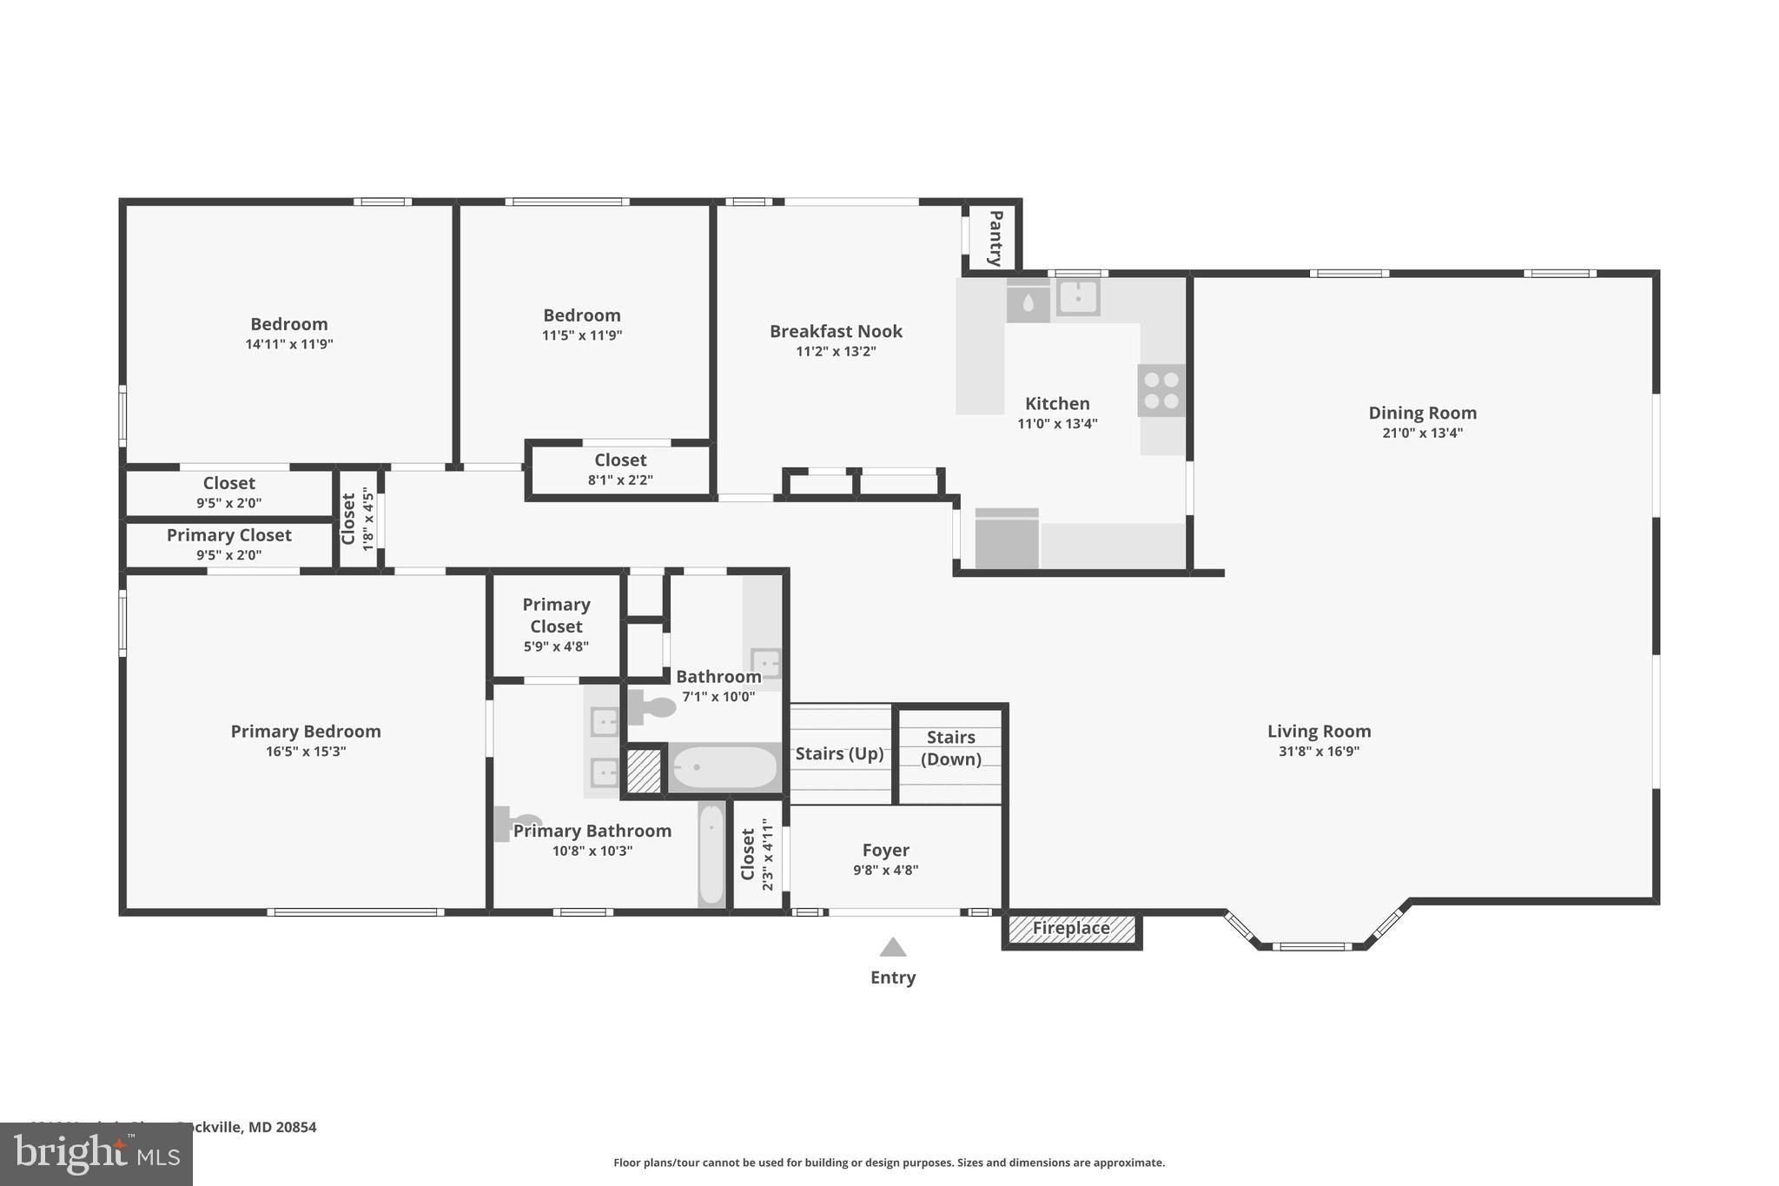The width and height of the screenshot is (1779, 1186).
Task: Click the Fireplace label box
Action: (x=1071, y=929)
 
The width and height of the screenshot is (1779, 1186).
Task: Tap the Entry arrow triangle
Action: (x=893, y=947)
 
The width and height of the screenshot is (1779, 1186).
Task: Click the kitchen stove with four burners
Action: (x=1161, y=391)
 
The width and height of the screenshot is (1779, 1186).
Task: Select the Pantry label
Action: (x=995, y=238)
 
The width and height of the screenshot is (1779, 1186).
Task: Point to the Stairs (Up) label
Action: (x=839, y=753)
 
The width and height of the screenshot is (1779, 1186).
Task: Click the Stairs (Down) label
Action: (x=950, y=748)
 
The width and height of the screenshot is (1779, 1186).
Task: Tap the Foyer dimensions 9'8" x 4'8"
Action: (x=885, y=870)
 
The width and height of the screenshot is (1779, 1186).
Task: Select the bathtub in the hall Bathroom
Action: (x=724, y=767)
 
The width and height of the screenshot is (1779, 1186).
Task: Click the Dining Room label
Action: (x=1422, y=413)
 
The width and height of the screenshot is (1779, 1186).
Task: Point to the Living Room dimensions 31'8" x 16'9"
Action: (x=1319, y=752)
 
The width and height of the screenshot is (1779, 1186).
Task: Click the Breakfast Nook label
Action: (x=836, y=331)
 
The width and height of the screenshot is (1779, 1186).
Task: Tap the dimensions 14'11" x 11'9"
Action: (x=289, y=344)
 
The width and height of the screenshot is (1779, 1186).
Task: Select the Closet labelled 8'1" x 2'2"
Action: (x=620, y=469)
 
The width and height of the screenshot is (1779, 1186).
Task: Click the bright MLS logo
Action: (x=96, y=1154)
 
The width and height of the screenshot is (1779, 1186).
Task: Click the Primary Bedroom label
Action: (x=306, y=732)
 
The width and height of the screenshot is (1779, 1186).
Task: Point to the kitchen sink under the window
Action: (x=1077, y=297)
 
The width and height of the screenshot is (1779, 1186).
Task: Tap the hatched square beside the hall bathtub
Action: (x=644, y=771)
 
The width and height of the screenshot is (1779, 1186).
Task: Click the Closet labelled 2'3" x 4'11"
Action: (x=756, y=854)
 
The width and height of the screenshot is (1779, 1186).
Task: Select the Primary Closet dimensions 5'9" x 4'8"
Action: (x=556, y=646)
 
